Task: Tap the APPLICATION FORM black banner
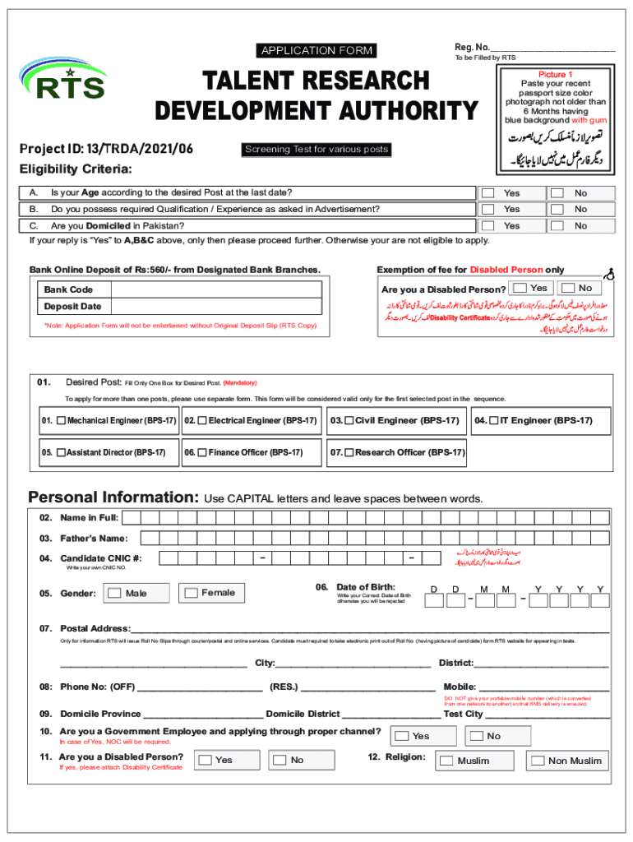[x=317, y=51]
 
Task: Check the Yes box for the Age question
[x=488, y=193]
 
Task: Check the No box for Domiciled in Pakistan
[x=557, y=225]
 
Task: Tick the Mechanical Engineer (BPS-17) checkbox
[x=62, y=421]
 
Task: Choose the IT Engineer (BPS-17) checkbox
[x=493, y=421]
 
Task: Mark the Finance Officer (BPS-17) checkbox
[x=201, y=452]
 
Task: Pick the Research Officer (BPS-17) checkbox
[x=349, y=452]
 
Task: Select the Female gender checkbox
[x=191, y=593]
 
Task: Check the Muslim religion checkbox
[x=446, y=761]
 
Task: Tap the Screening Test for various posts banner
[x=316, y=150]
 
